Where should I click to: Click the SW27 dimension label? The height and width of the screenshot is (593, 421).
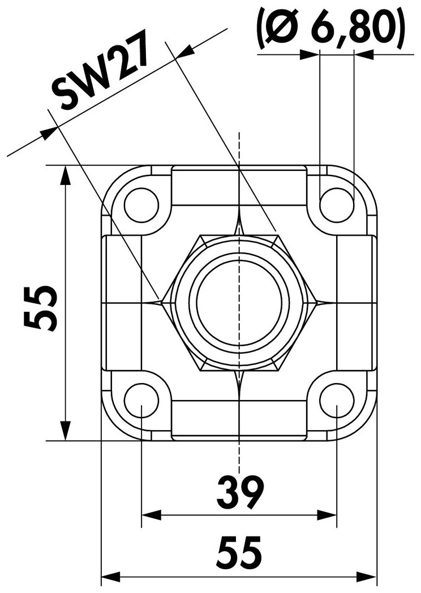point(99,72)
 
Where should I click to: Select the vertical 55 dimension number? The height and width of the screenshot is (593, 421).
point(41,308)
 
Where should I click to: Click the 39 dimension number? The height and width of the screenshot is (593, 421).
point(240,493)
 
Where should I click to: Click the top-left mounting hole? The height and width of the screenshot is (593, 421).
point(141,205)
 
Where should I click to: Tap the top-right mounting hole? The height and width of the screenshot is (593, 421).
point(337,205)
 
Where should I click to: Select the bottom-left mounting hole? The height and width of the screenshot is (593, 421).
point(141,400)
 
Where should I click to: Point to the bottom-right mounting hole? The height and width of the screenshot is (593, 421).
point(337,400)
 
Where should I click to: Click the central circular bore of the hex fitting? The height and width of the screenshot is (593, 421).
point(239,303)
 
